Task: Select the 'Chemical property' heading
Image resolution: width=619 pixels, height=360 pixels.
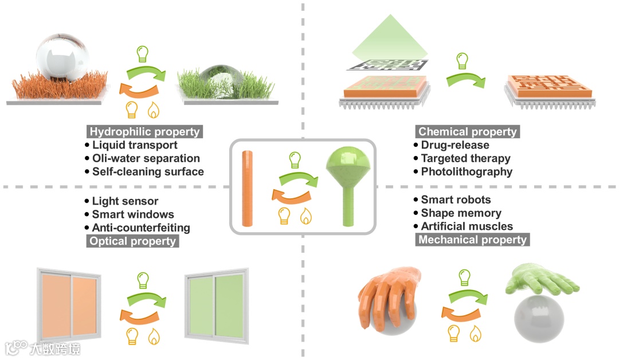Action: pos(467,131)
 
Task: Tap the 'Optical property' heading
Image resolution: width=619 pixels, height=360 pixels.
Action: pos(132,241)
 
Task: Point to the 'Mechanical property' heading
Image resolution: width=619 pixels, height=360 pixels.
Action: pos(472,239)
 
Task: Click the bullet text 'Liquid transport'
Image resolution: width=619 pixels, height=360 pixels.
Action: pos(135,145)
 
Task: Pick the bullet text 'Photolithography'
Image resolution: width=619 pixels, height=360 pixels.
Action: pos(467,171)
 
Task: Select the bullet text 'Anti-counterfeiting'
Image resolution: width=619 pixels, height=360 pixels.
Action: pos(141,228)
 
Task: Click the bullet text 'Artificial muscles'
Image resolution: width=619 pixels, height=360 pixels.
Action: pos(467,226)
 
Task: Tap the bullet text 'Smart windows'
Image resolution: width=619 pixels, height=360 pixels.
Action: pos(133,214)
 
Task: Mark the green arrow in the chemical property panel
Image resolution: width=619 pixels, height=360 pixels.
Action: pos(464,79)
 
